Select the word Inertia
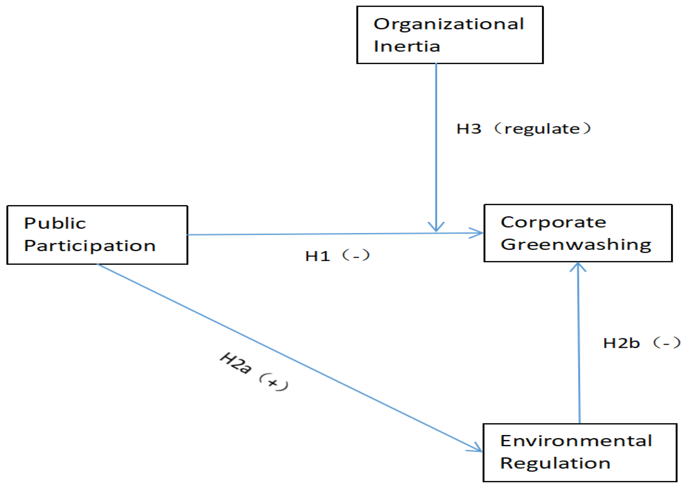[x=406, y=46]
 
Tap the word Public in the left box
[x=55, y=223]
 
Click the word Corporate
[x=553, y=223]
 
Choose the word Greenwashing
[x=576, y=245]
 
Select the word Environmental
[x=576, y=441]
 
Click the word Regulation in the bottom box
[x=555, y=463]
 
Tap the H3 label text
[x=469, y=129]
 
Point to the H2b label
[x=621, y=343]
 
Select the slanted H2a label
[x=236, y=363]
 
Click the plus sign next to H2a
[x=273, y=383]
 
